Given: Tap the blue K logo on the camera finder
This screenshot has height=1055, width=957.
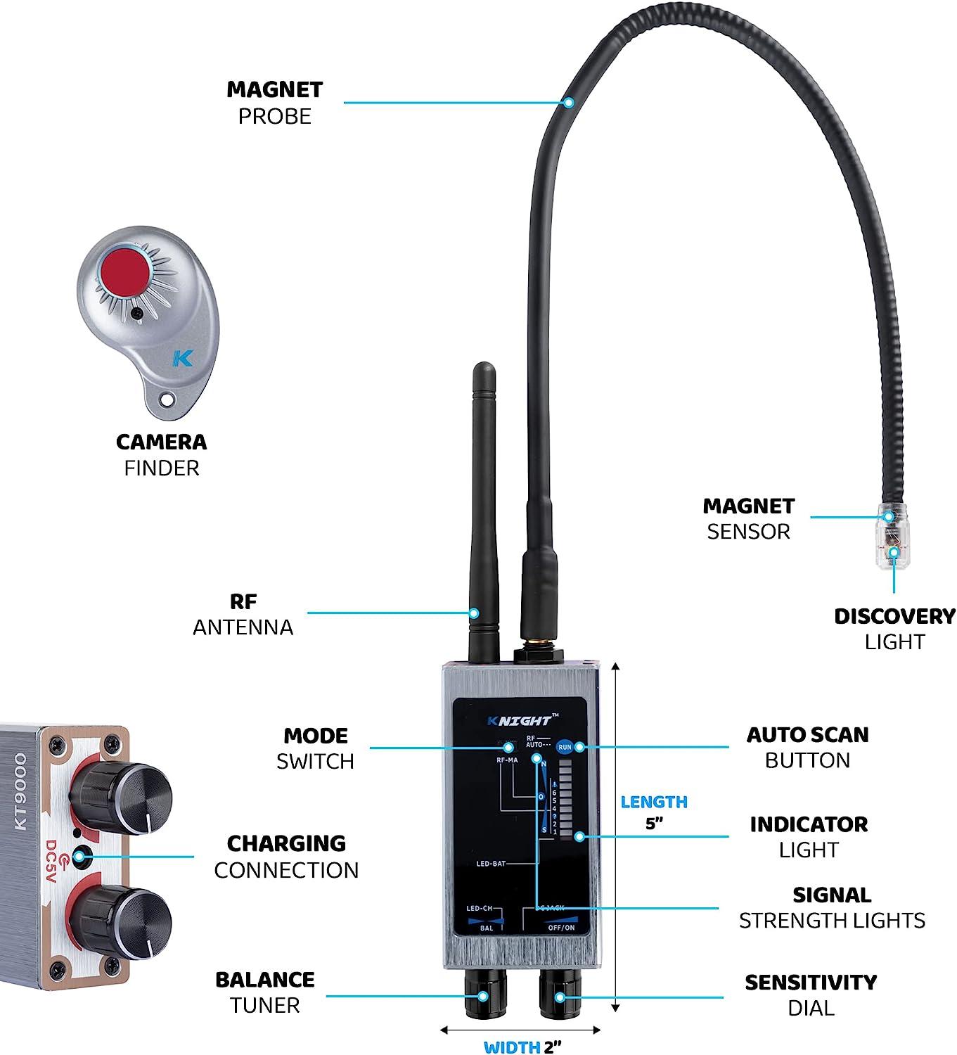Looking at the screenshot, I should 182,358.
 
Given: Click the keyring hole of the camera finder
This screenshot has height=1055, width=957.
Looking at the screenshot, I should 167,399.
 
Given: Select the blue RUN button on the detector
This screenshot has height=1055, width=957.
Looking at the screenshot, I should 565,748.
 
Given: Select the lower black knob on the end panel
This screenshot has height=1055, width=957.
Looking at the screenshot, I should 121,917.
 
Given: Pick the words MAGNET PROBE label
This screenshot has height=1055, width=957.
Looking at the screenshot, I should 274,103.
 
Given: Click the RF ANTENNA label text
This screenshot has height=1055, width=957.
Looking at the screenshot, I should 243,614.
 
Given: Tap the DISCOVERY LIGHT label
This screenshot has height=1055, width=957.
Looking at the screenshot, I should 894,629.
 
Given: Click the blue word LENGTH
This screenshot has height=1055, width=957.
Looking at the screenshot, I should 654,802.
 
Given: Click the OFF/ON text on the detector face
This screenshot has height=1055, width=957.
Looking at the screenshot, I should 560,927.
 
